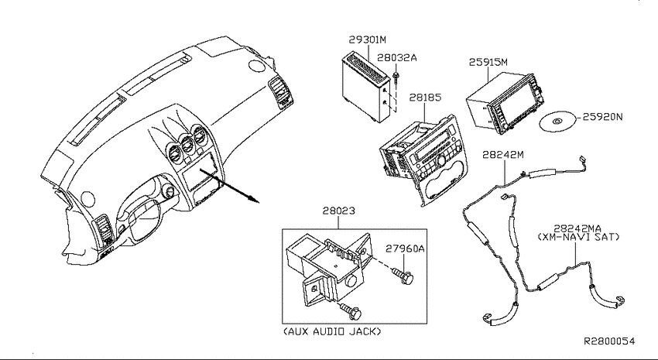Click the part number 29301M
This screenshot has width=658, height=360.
pos(367,39)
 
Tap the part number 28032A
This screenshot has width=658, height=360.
pos(396,57)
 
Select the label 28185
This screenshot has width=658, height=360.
pos(425,98)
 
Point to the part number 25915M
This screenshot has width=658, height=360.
pos(488,62)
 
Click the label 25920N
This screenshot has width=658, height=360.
pos(602,117)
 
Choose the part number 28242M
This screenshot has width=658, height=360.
pos(502,154)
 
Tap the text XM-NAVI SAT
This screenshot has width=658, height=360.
pos(579,237)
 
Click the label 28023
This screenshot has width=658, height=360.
pos(338,211)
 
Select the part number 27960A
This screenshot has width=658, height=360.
pos(405,249)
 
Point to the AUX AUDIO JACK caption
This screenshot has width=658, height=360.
pos(332,331)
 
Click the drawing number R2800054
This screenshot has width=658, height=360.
pos(610,341)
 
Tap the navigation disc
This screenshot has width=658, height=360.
pos(557,122)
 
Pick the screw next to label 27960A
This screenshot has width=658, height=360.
pos(403,276)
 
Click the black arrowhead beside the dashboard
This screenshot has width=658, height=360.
pos(253,198)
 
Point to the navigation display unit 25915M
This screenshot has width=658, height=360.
pos(505,103)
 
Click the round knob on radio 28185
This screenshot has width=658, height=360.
pos(441,161)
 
